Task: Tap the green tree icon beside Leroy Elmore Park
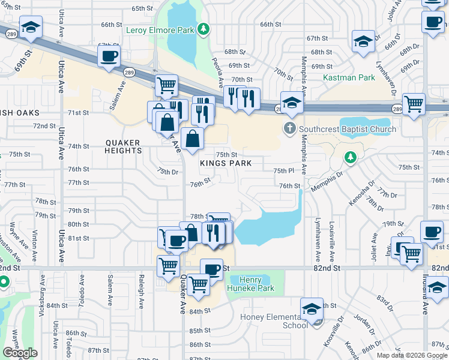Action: [x=203, y=28]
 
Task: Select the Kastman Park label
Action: [x=349, y=78]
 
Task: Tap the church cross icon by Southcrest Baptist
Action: [x=289, y=128]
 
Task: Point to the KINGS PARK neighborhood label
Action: [x=226, y=164]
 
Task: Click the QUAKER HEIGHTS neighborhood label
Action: [x=122, y=147]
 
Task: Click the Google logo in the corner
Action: [x=20, y=353]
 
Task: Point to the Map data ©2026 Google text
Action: [x=411, y=355]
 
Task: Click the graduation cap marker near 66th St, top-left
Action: [x=31, y=27]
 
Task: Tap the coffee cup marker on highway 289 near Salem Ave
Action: [x=109, y=57]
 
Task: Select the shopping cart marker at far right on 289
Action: [x=414, y=104]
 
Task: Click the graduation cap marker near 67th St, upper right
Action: [x=363, y=41]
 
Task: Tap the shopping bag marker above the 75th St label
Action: [x=193, y=139]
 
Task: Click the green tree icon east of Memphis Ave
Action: [x=350, y=158]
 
